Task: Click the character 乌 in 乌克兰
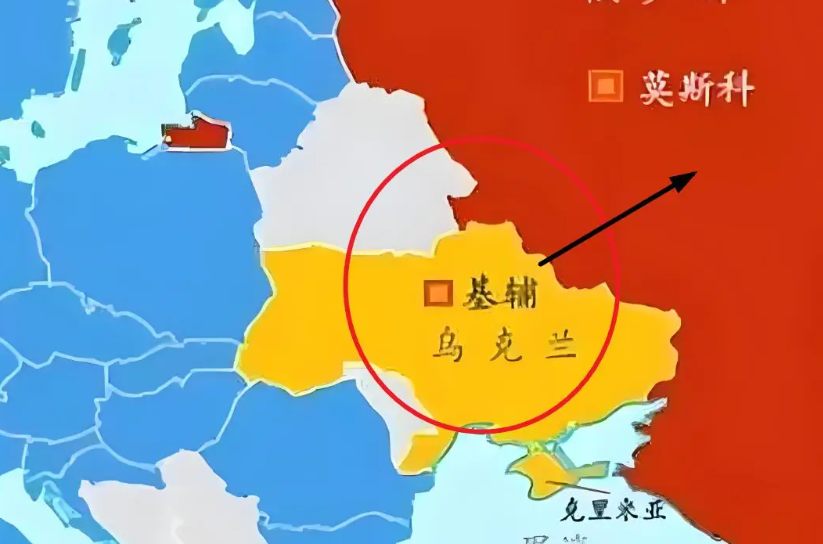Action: pos(447,346)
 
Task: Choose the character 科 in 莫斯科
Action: pos(736,90)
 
